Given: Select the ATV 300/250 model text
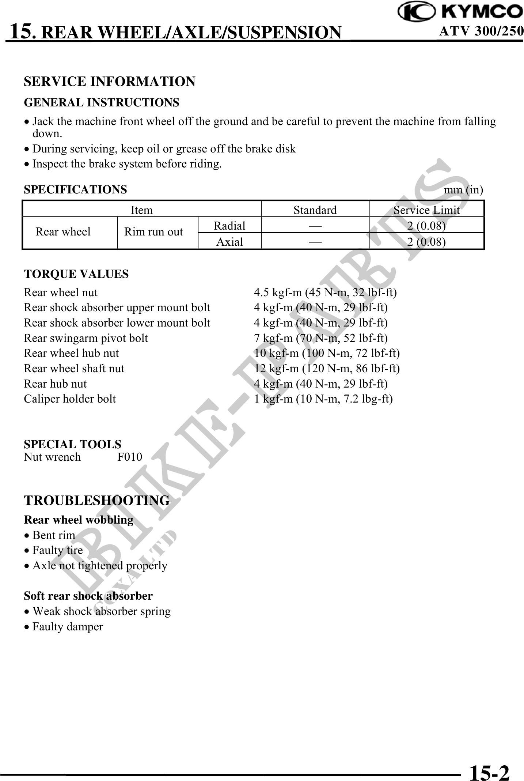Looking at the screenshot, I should coord(481,32).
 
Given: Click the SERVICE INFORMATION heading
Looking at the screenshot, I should coord(110,81).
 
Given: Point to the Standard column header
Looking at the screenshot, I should coord(315,210).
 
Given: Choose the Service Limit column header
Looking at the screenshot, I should coord(426,210).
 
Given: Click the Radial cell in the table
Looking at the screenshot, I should coord(229,226).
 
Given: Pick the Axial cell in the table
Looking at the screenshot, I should coord(229,242).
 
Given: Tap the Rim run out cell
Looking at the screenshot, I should coord(153,232).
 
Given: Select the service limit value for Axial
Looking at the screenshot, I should coord(426,242).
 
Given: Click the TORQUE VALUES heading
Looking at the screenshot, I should coord(76,274).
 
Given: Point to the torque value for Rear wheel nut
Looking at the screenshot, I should coord(325,292).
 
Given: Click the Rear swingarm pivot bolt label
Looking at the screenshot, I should coord(86,338).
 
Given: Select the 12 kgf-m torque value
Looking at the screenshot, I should coord(327,368).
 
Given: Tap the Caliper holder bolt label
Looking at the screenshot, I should coord(70,399).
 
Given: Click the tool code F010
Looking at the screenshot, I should coord(130,457).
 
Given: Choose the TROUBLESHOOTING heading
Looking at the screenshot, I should coord(97,500).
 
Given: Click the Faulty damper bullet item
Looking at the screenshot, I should coord(68,626).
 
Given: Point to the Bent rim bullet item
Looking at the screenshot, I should coord(54,535).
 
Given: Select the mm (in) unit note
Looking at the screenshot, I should coord(463,190).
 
